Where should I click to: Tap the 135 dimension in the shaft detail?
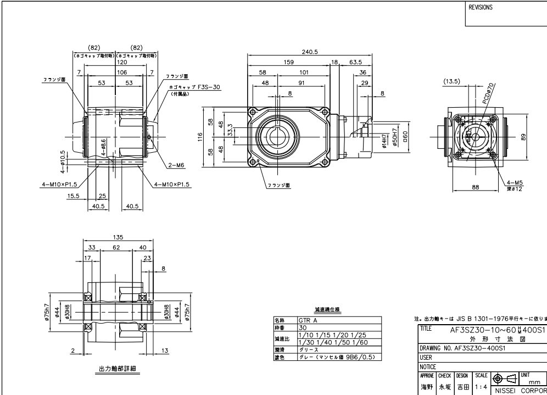tap(117, 238)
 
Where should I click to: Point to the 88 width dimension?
tap(476, 187)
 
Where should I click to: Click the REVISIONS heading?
tap(481, 8)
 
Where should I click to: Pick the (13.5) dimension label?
tap(451, 80)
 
